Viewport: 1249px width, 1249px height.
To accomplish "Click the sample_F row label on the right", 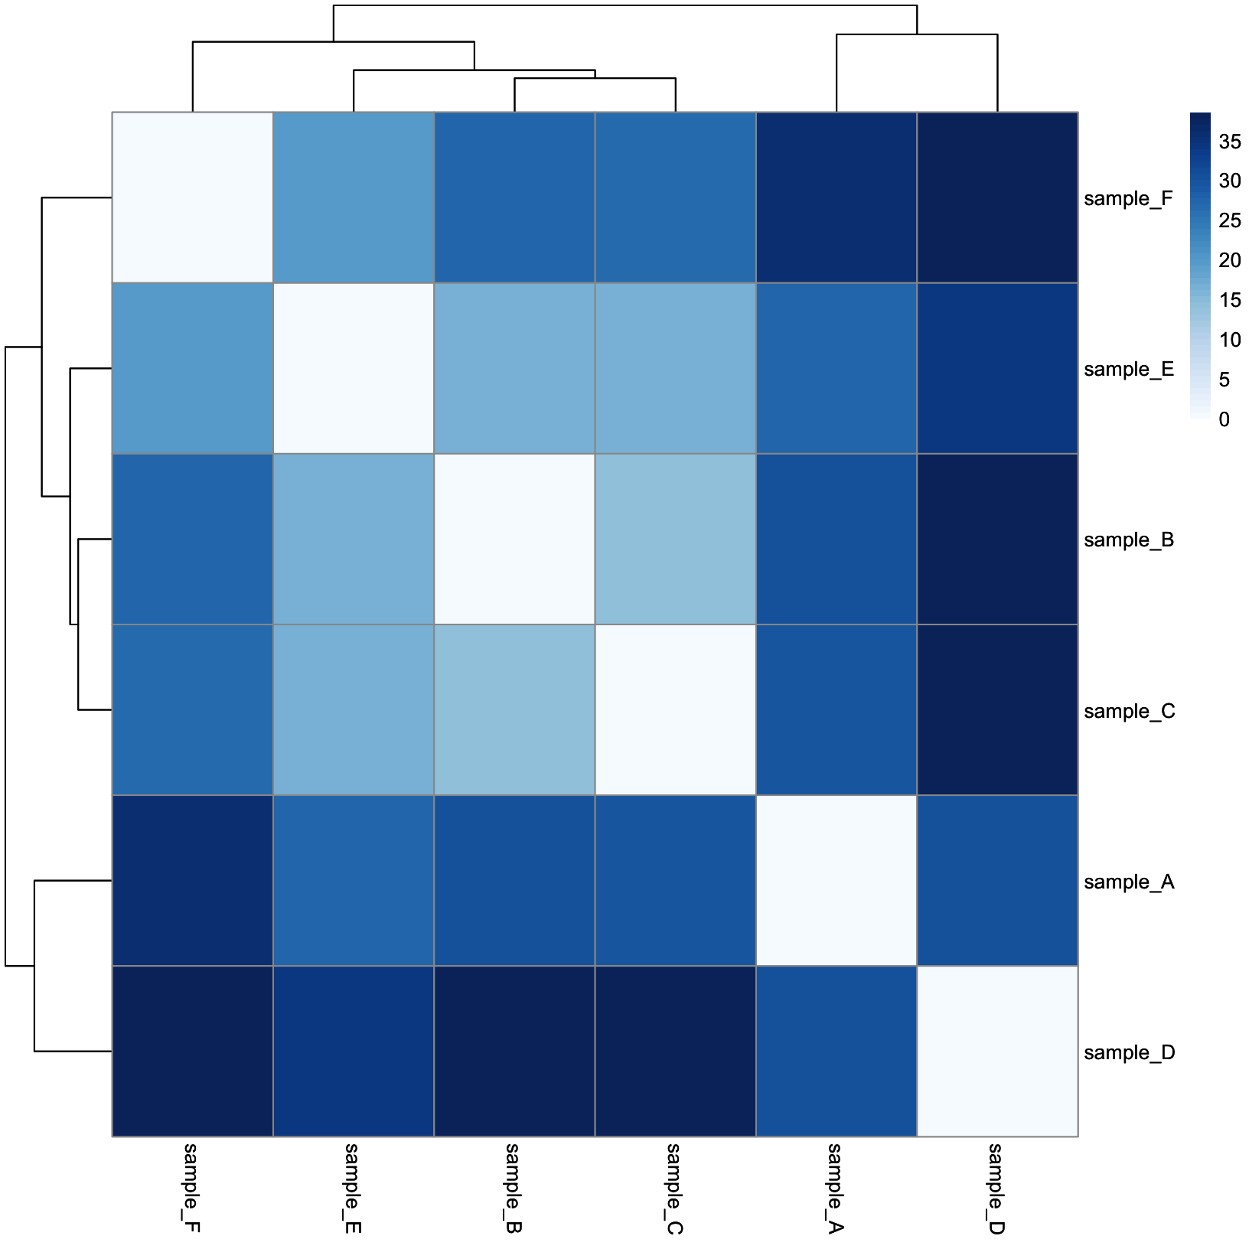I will (1127, 199).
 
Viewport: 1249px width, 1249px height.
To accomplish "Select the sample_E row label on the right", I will (1128, 370).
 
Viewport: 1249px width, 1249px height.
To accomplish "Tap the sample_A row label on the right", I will (1128, 882).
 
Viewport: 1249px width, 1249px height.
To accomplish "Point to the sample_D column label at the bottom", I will (996, 1189).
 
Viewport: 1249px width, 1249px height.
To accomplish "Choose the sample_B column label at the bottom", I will (514, 1189).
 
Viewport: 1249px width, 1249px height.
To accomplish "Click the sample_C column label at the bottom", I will (674, 1189).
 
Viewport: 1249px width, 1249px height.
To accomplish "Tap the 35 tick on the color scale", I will (1230, 141).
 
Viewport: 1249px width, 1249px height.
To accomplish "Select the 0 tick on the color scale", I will (1225, 419).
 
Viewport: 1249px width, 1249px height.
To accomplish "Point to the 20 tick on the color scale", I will (1230, 260).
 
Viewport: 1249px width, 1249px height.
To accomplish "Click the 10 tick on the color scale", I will (1230, 340).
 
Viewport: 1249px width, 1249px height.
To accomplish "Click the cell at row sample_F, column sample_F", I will (193, 197).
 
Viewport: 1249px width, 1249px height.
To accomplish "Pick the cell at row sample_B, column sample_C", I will (676, 540).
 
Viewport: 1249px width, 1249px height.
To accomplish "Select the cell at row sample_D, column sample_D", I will (997, 1052).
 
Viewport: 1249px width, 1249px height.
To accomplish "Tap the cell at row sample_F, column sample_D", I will (997, 197).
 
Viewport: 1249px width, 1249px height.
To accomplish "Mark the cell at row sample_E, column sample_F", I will (193, 369).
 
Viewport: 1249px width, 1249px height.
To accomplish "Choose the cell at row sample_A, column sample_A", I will (836, 881).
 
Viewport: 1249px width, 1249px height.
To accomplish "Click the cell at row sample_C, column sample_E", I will (354, 710).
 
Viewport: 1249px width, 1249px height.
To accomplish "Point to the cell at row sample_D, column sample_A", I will (836, 1052).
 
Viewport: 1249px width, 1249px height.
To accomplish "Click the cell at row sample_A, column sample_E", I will (354, 881).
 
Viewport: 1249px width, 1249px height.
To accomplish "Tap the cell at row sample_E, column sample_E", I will (354, 369).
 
